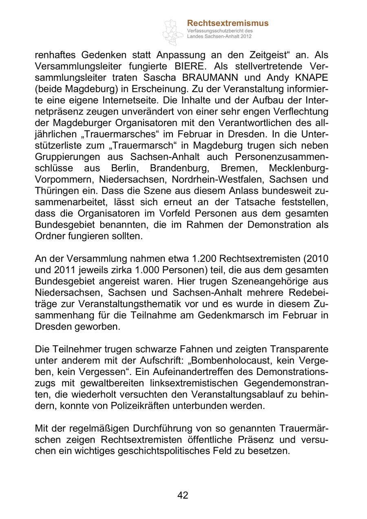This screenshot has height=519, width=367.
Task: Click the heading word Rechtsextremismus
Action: (228, 23)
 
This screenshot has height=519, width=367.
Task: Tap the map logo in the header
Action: (173, 32)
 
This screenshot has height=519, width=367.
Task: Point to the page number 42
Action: (183, 495)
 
